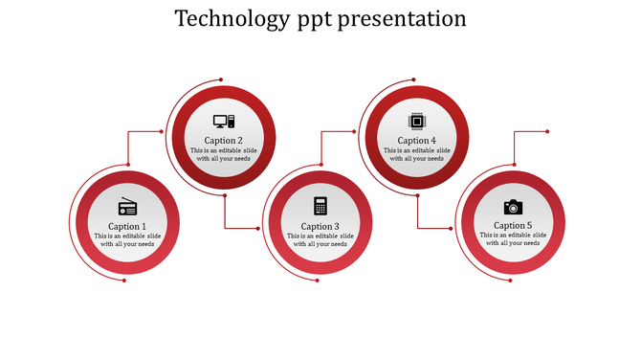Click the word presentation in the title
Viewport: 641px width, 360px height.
406,19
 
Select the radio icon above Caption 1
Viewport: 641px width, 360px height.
127,207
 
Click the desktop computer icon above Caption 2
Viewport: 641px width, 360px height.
224,122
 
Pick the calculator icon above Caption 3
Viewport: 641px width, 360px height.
320,206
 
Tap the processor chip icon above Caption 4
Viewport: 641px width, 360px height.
416,121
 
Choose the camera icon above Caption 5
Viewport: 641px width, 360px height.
513,207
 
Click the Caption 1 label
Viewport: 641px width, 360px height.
127,227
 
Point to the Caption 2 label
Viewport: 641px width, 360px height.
224,141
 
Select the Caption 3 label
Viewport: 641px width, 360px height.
320,227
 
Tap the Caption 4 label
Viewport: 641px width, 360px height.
416,141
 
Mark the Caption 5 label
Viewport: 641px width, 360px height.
513,226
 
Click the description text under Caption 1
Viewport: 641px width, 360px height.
127,240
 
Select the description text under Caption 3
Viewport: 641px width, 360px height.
320,240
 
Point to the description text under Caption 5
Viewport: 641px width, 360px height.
513,239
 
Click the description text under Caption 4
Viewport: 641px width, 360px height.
416,154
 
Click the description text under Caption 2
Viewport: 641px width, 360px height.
224,154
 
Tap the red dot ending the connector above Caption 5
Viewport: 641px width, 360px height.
547,131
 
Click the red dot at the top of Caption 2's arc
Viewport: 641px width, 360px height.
221,79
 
